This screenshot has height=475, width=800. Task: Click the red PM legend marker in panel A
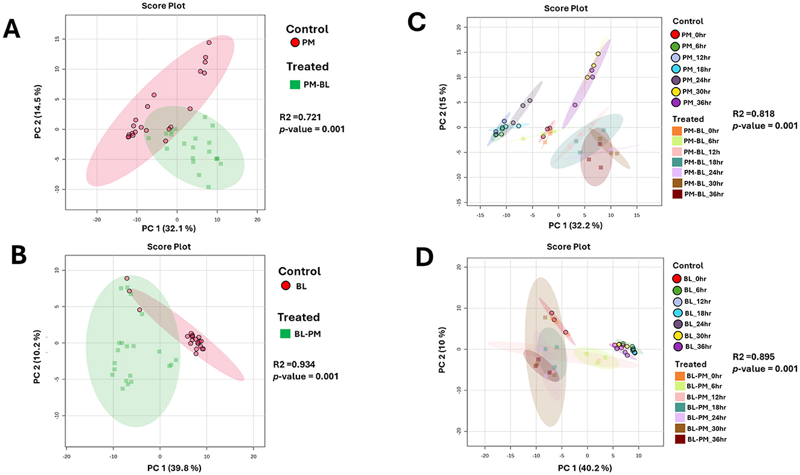tap(295, 42)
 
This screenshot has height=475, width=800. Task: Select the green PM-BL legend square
tap(295, 85)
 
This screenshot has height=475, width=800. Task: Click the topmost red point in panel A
tap(209, 43)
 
